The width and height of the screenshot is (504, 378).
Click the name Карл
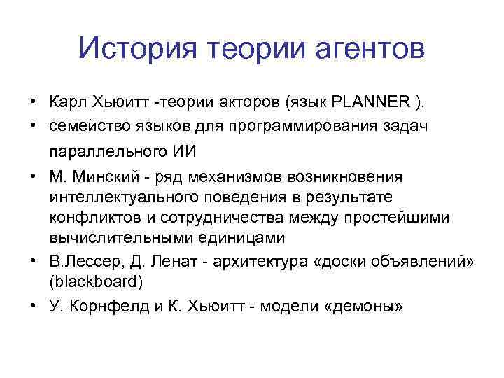(67, 103)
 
